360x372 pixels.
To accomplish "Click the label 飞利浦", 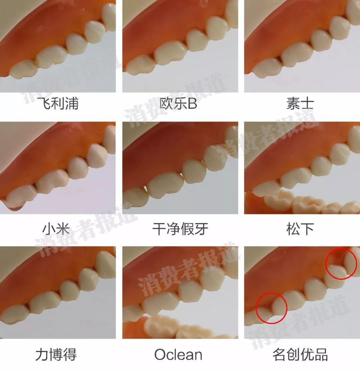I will tap(58, 104).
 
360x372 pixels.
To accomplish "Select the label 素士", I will tap(300, 104).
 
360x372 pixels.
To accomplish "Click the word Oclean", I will tap(178, 355).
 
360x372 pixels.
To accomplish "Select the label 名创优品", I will tap(300, 355).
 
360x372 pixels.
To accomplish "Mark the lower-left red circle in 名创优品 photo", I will tap(271, 308).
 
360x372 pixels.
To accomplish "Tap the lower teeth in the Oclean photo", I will tap(177, 328).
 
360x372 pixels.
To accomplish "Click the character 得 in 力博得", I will tap(70, 355).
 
